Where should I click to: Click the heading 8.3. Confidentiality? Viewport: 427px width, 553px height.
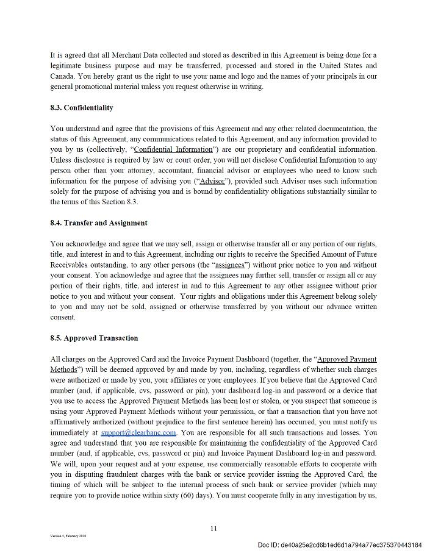pyautogui.click(x=82, y=108)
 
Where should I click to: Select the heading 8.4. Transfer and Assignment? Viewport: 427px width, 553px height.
pyautogui.click(x=99, y=223)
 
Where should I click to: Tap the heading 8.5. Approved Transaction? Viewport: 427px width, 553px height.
pyautogui.click(x=94, y=338)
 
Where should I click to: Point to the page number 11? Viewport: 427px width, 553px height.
pyautogui.click(x=213, y=529)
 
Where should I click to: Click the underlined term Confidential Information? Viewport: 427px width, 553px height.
pyautogui.click(x=173, y=150)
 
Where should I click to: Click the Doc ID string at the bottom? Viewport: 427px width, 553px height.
pyautogui.click(x=339, y=544)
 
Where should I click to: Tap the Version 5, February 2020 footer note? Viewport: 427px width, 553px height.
pyautogui.click(x=68, y=536)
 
